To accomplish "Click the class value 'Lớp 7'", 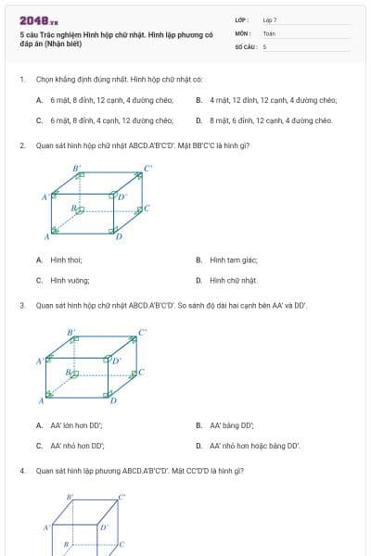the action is coord(270,19).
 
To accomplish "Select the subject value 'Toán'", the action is coord(269,32).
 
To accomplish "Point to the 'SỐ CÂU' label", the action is coord(245,45).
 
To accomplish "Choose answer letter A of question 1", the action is coord(39,99).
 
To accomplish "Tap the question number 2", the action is coord(21,145).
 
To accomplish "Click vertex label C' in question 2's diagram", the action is coord(147,169).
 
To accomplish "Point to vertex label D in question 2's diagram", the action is coord(119,237).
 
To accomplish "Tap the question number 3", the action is coord(21,305).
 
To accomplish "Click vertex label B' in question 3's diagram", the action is coord(70,331).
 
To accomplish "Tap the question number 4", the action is coord(21,471).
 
